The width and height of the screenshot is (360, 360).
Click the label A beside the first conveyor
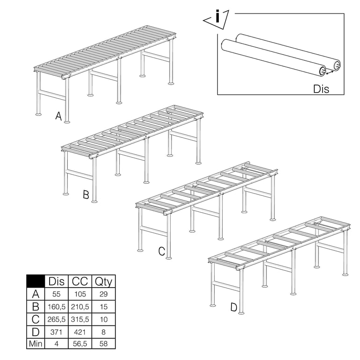58,116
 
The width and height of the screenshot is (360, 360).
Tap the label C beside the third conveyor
162,252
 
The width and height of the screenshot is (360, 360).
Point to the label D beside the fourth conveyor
234,308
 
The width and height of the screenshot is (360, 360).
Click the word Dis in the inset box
321,88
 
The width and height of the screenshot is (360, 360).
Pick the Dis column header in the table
57,281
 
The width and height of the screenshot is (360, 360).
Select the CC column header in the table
80,281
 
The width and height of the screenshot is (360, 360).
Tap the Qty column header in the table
104,281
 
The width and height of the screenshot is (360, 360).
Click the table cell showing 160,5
57,307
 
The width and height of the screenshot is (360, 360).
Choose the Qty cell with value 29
104,294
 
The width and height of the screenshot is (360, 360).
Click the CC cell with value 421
80,331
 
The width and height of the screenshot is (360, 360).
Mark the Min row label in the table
36,344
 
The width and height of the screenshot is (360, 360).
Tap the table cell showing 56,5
80,344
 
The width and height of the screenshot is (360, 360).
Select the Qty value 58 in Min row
104,344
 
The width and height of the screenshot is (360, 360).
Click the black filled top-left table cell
36,281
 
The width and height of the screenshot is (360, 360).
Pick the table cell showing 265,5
57,319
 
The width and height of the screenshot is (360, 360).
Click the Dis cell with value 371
57,331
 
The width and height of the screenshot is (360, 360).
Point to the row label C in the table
36,319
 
